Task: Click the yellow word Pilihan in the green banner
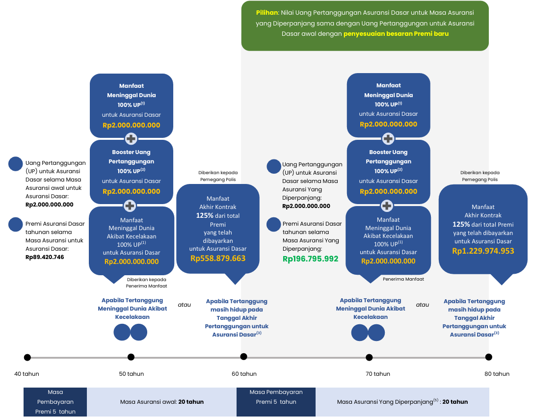coord(267,13)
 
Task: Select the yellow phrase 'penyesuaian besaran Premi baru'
coord(396,34)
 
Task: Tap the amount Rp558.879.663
coord(218,258)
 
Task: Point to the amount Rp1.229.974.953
coord(483,251)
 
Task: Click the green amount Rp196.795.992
coord(310,259)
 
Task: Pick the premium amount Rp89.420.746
coord(45,257)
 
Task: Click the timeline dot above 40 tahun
coord(27,357)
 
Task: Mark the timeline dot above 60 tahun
coord(244,357)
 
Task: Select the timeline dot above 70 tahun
coord(369,357)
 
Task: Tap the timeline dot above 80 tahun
coord(488,357)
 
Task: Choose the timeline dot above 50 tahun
coord(131,357)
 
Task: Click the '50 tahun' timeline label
coord(131,374)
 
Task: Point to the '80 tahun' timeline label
coord(497,374)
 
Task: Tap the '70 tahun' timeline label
coord(377,374)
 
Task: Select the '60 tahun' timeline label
coord(244,374)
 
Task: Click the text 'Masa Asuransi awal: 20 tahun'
coord(162,402)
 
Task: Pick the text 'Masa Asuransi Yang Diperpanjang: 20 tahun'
coord(402,402)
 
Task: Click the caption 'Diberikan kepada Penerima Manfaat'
coord(147,283)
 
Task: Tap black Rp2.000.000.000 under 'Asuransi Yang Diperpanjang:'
coord(306,206)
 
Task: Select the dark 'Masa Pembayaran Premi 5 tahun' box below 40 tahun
coord(55,402)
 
